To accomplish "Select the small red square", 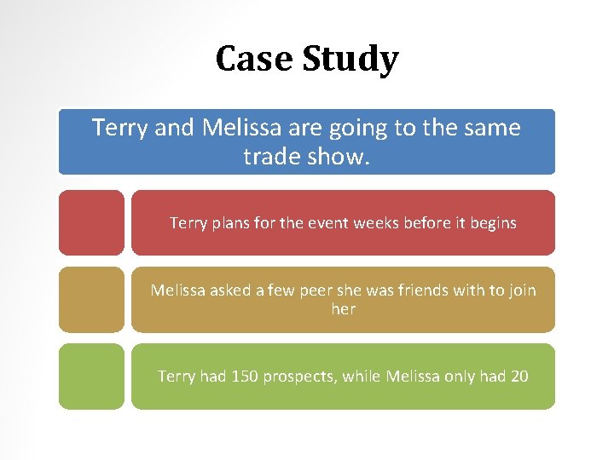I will pyautogui.click(x=91, y=222).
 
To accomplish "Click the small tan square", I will pyautogui.click(x=91, y=299).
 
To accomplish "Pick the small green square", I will pyautogui.click(x=91, y=376).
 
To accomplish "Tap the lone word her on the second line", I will pyautogui.click(x=343, y=308).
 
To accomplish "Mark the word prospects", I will pyautogui.click(x=298, y=377).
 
